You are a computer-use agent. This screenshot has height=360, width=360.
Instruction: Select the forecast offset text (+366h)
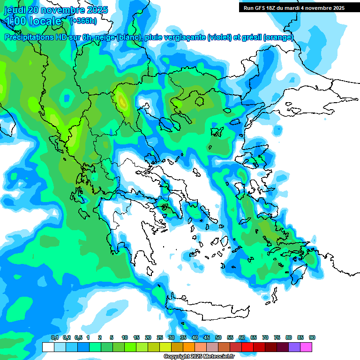pos(84,21)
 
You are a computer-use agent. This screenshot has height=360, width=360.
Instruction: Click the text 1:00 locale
pos(34,21)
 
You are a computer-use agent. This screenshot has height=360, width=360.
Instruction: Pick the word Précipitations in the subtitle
pos(27,37)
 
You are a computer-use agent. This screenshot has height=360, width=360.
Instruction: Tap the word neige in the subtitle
pos(105,37)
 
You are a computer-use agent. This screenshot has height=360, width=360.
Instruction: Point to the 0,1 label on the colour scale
pos(54,337)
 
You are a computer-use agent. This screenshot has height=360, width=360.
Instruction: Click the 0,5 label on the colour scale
pos(78,337)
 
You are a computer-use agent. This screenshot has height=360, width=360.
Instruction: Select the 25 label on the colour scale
pos(160,337)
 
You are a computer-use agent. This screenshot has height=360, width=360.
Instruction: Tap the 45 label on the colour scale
pos(207,337)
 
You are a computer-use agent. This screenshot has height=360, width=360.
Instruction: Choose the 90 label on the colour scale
pos(312,337)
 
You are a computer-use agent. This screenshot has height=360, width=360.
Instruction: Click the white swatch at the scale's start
pos(48,347)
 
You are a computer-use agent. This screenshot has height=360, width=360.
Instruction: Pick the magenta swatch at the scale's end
pos(306,347)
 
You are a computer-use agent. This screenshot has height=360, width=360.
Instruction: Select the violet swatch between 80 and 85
pos(294,347)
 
